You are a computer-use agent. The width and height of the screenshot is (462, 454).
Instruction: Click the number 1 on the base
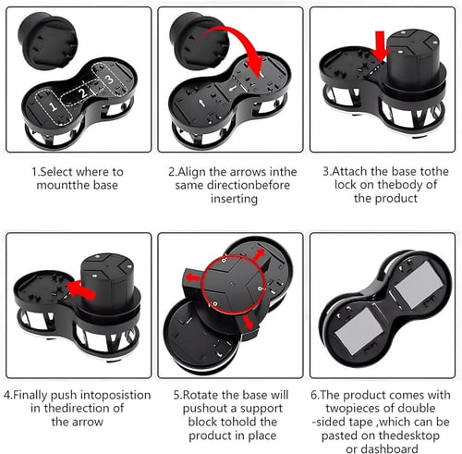[53, 106]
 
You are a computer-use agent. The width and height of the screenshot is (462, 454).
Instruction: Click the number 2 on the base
[82, 92]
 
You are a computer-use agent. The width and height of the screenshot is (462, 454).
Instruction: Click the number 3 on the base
[109, 80]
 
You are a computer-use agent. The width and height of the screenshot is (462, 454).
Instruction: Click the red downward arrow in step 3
[381, 45]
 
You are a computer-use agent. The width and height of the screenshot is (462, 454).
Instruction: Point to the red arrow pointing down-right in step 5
[249, 323]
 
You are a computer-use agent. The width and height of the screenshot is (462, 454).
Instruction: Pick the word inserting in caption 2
[234, 199]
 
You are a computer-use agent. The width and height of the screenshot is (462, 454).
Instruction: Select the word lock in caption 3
[346, 185]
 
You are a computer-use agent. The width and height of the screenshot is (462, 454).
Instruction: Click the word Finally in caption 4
[30, 396]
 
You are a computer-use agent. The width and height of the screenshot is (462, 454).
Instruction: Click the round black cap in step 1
[48, 41]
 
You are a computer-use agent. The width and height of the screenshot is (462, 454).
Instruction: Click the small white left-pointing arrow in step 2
[233, 89]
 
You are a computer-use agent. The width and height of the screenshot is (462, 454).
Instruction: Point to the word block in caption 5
[202, 422]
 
